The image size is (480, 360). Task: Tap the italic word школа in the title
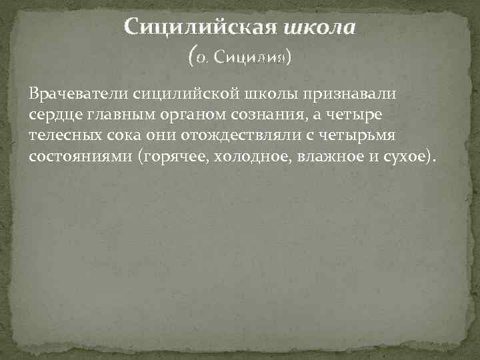[x=320, y=29]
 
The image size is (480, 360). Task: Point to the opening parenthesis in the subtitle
[x=193, y=57]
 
